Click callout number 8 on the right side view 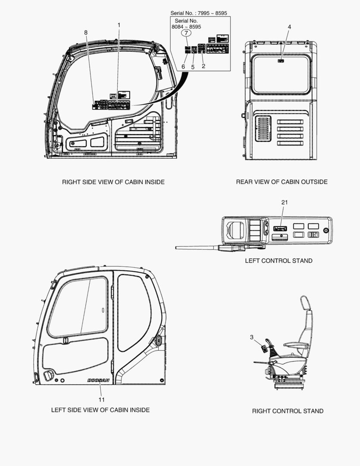86,32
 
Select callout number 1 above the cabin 119,25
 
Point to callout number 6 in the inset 183,67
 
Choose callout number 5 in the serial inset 193,67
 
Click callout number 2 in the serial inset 203,66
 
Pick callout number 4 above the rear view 289,27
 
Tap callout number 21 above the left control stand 284,202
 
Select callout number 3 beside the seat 252,337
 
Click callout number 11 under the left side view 102,400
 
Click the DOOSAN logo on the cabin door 98,381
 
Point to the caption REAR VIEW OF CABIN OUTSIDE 282,182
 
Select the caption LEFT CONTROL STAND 279,261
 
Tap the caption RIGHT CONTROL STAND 288,411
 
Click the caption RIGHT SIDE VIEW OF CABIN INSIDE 113,182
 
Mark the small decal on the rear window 281,61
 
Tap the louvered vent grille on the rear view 263,129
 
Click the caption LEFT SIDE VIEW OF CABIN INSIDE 100,410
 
